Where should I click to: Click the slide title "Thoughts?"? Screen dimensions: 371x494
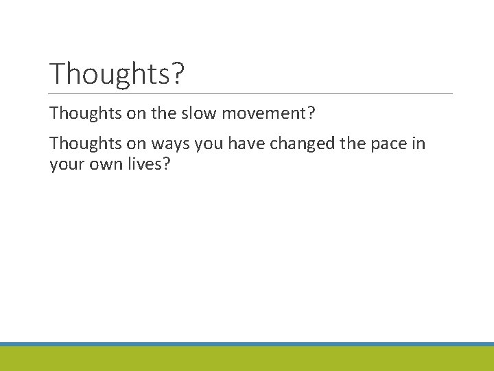(117, 74)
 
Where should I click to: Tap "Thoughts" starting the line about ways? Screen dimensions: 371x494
(85, 144)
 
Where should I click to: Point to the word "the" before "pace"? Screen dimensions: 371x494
(353, 144)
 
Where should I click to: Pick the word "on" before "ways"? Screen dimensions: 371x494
(137, 144)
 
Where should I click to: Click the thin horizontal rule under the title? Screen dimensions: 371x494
(251, 93)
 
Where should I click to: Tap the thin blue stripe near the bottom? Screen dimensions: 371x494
(247, 344)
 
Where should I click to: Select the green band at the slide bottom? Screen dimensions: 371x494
(247, 359)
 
